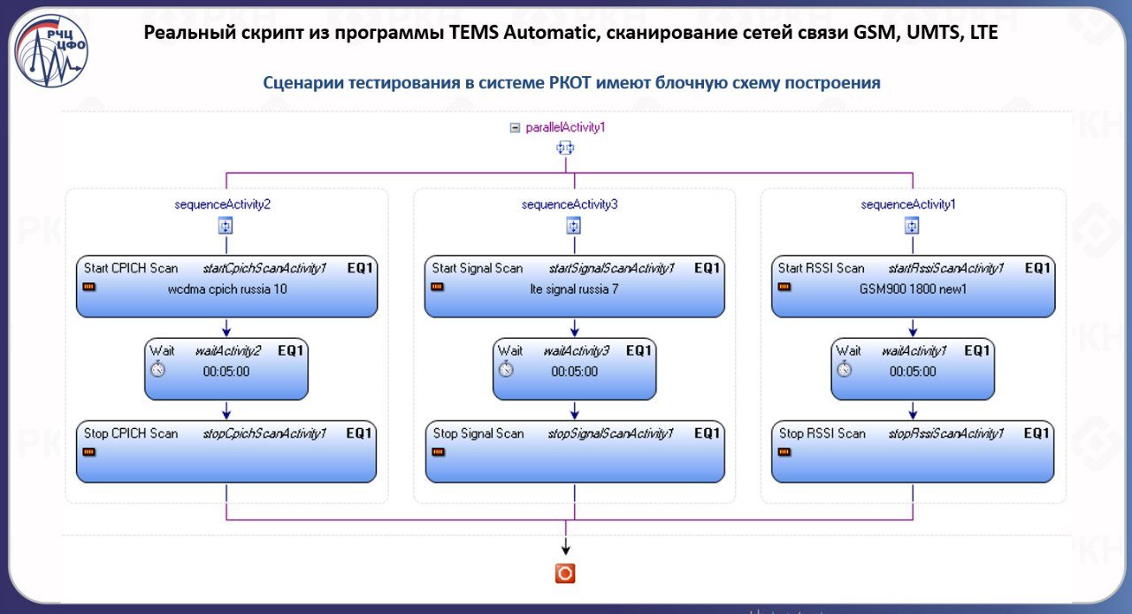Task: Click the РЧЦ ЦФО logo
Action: (x=50, y=51)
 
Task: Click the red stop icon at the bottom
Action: (x=565, y=573)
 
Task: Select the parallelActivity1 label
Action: (x=565, y=127)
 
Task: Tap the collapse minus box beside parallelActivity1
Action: (x=515, y=127)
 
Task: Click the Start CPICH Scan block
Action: (x=226, y=287)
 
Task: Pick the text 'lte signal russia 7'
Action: (x=574, y=289)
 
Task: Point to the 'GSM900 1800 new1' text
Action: (x=914, y=289)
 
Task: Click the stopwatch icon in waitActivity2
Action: (x=157, y=370)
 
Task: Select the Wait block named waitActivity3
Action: (x=575, y=368)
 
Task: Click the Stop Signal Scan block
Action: (x=575, y=451)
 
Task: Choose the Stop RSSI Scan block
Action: (x=913, y=451)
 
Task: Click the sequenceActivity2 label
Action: (x=223, y=204)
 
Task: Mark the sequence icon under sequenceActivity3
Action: (x=573, y=226)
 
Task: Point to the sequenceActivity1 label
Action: (x=908, y=204)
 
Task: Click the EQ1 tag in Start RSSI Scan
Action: (x=1038, y=268)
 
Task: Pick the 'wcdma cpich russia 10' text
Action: (x=226, y=289)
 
